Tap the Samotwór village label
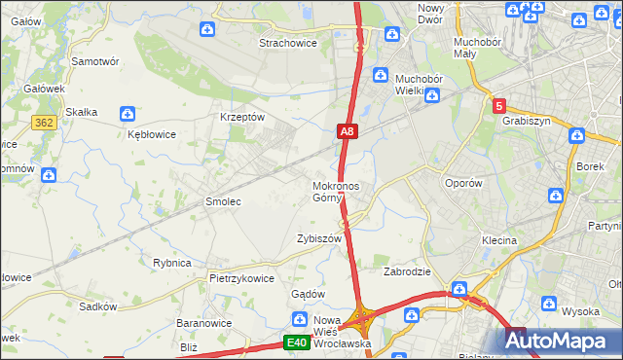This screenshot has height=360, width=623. pyautogui.click(x=95, y=60)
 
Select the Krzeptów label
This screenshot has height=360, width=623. pyautogui.click(x=243, y=116)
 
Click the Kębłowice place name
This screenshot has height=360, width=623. pyautogui.click(x=152, y=135)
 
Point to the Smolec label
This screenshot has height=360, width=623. pyautogui.click(x=222, y=201)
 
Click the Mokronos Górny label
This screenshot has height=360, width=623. pyautogui.click(x=336, y=191)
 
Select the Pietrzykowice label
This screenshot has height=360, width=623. pyautogui.click(x=241, y=278)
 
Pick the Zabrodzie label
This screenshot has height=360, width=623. pyautogui.click(x=407, y=271)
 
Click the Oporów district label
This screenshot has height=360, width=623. pyautogui.click(x=462, y=183)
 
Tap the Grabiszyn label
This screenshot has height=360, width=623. pyautogui.click(x=527, y=122)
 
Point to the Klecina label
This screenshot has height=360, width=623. pyautogui.click(x=498, y=239)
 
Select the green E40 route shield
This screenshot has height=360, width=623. pyautogui.click(x=297, y=342)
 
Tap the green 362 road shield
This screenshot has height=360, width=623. pyautogui.click(x=43, y=123)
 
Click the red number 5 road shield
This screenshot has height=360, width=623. pyautogui.click(x=498, y=106)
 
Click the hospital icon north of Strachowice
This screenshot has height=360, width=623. pyautogui.click(x=207, y=29)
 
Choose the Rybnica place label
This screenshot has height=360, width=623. pyautogui.click(x=172, y=263)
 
